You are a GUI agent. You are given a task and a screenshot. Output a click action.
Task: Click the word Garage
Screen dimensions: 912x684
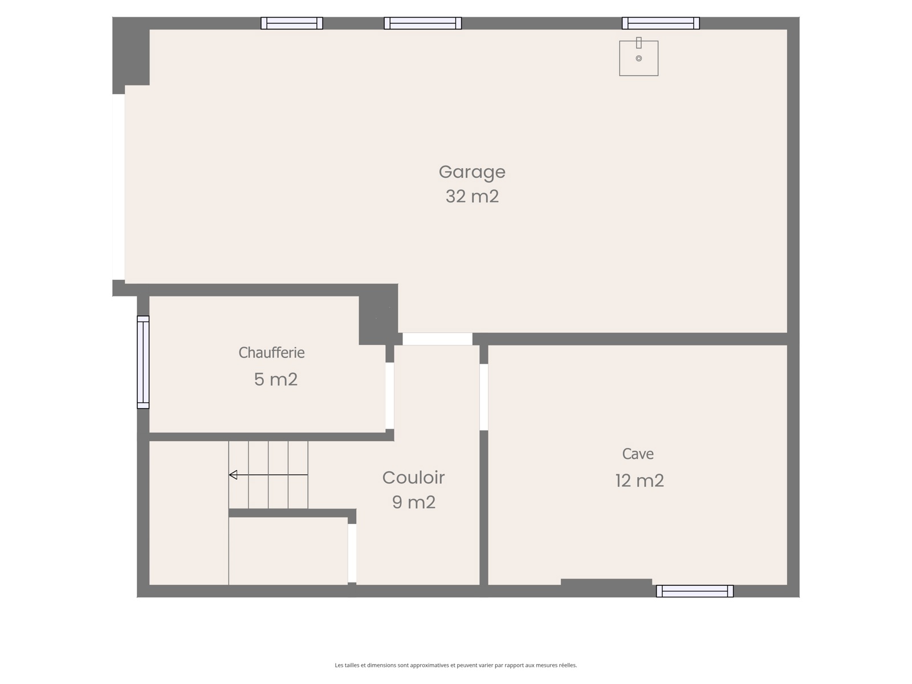click(x=472, y=172)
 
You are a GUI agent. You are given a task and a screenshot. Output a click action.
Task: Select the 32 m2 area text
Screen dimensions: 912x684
click(x=472, y=197)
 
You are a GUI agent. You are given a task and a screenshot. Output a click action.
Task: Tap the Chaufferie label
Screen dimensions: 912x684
click(x=271, y=353)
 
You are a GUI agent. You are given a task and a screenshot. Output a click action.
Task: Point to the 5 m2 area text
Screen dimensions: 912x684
click(x=275, y=379)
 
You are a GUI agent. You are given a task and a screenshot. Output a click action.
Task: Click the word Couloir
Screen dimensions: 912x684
click(x=413, y=478)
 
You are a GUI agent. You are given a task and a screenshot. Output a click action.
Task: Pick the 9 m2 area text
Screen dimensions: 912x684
click(x=413, y=502)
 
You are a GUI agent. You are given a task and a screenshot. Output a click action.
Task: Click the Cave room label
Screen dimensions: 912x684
click(x=638, y=454)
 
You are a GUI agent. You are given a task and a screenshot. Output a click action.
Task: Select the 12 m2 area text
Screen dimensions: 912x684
click(x=640, y=481)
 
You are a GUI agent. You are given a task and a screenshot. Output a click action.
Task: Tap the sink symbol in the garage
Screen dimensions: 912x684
click(x=638, y=58)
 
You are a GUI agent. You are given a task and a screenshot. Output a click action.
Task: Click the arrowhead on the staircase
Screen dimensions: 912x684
click(x=233, y=475)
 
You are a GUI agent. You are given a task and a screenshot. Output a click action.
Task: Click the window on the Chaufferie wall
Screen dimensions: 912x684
click(x=143, y=362)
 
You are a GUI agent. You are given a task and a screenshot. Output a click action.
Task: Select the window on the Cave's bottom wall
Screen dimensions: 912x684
click(x=695, y=591)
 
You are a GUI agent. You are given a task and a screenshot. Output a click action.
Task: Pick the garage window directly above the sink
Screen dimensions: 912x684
click(x=661, y=23)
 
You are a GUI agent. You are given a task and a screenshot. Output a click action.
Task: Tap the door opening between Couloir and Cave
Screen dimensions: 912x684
click(x=483, y=397)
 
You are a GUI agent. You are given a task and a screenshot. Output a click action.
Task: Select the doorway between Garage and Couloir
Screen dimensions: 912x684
click(x=438, y=339)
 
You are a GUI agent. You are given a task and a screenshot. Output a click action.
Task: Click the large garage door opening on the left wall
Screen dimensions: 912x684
click(x=119, y=187)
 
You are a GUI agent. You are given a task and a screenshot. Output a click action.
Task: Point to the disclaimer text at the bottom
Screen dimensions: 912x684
click(x=456, y=665)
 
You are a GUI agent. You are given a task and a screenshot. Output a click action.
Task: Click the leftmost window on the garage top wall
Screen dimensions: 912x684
click(x=292, y=23)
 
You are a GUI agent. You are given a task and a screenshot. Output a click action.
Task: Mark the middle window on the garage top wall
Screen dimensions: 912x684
click(x=422, y=23)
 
